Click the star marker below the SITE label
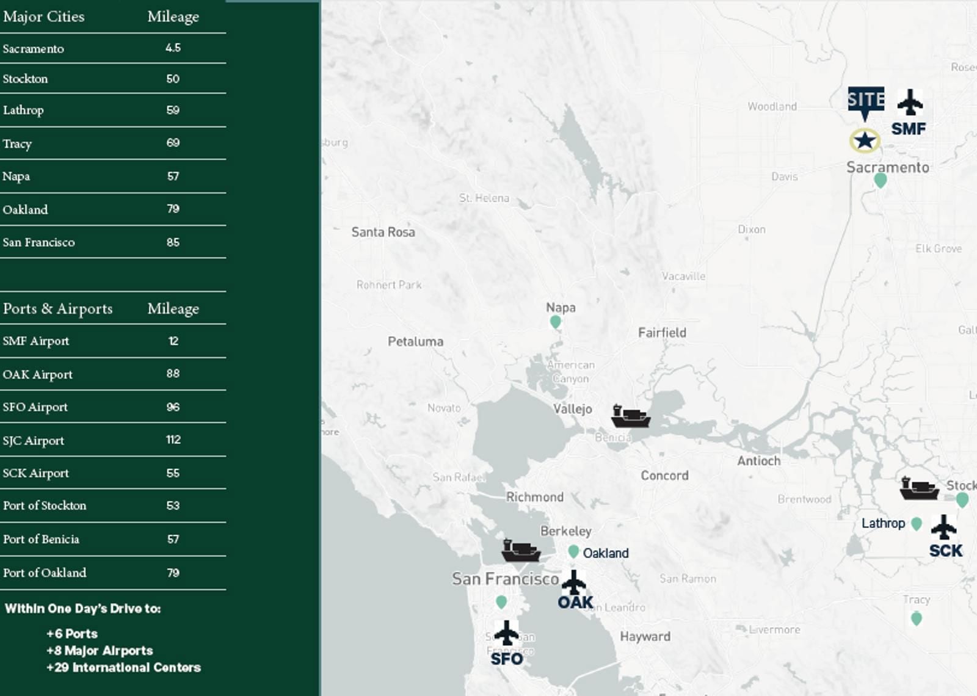[864, 141]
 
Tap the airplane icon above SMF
[910, 102]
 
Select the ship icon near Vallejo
[630, 416]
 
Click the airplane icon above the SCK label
[944, 527]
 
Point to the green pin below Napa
[555, 322]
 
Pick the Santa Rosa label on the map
[383, 232]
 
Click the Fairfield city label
[662, 333]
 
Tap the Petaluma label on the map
[415, 341]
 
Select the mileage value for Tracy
[173, 143]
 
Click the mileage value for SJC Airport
[173, 440]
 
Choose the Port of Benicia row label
[41, 539]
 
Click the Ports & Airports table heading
[58, 309]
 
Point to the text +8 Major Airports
[100, 651]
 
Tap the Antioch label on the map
[758, 461]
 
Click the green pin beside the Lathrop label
[916, 524]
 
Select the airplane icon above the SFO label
[506, 633]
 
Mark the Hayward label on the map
[645, 637]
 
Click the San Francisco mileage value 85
[173, 242]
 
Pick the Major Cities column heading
[44, 16]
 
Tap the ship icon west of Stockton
[919, 489]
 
